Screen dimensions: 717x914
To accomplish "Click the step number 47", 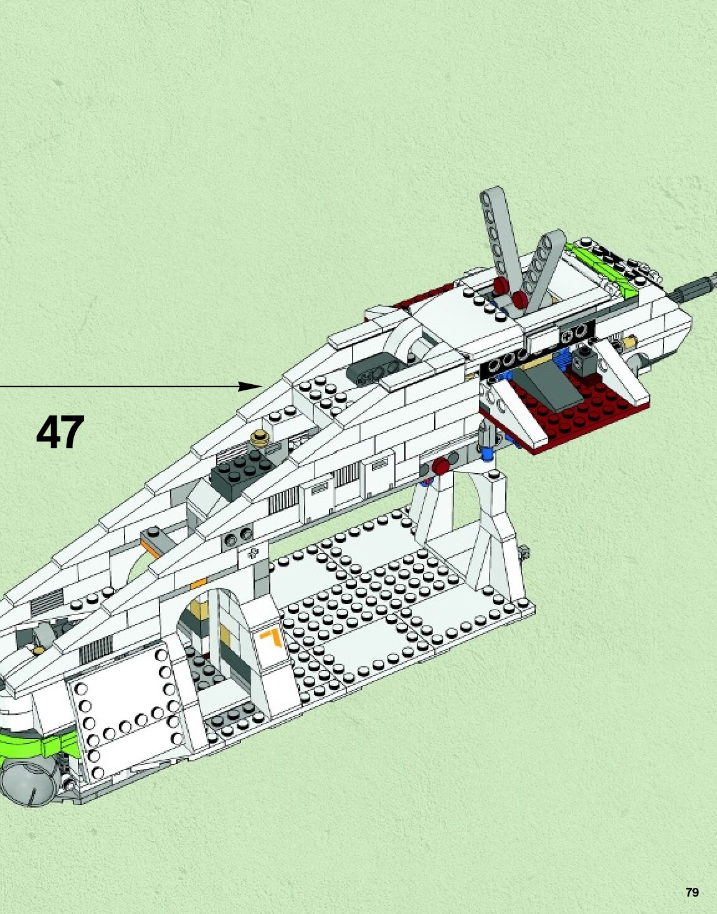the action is pyautogui.click(x=60, y=433).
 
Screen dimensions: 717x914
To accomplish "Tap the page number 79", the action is pyautogui.click(x=691, y=892).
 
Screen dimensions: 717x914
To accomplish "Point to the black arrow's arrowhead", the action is pyautogui.click(x=253, y=386).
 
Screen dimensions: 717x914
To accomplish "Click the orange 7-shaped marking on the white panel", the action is pyautogui.click(x=272, y=639).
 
